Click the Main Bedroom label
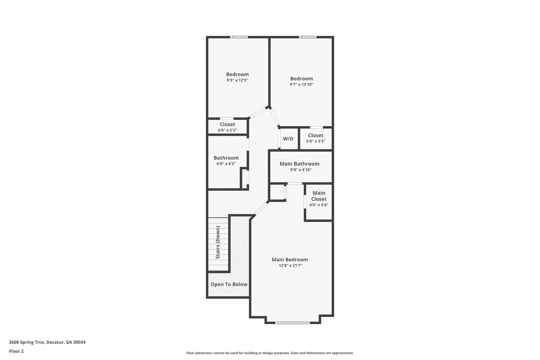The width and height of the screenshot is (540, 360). (x=289, y=260)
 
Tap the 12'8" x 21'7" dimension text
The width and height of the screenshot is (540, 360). (x=291, y=265)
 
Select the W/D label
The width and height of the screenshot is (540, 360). (x=288, y=139)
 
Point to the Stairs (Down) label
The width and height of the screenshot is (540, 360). (x=218, y=242)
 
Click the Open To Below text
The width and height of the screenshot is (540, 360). (x=229, y=284)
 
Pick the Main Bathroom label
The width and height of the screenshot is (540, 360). (x=300, y=164)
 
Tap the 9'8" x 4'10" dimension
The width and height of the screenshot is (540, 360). (x=301, y=170)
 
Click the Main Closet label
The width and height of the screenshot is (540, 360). (x=319, y=196)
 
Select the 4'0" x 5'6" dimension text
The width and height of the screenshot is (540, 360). (x=319, y=205)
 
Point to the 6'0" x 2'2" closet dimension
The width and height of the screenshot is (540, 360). (x=227, y=130)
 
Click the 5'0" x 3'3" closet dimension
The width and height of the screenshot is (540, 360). (x=316, y=141)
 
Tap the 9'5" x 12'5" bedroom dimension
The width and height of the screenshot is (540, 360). (x=238, y=80)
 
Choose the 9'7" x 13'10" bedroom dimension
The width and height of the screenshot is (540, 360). (x=302, y=84)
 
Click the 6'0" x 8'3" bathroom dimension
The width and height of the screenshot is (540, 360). (x=226, y=164)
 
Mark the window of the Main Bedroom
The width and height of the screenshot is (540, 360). (x=292, y=322)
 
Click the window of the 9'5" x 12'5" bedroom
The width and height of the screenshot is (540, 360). (x=239, y=37)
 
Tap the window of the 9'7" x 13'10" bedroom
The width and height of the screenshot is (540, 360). (x=308, y=37)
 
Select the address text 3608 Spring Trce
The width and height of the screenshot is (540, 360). (x=27, y=342)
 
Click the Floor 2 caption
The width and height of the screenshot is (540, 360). (x=16, y=351)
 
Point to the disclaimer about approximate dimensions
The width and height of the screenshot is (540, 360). (x=270, y=353)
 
